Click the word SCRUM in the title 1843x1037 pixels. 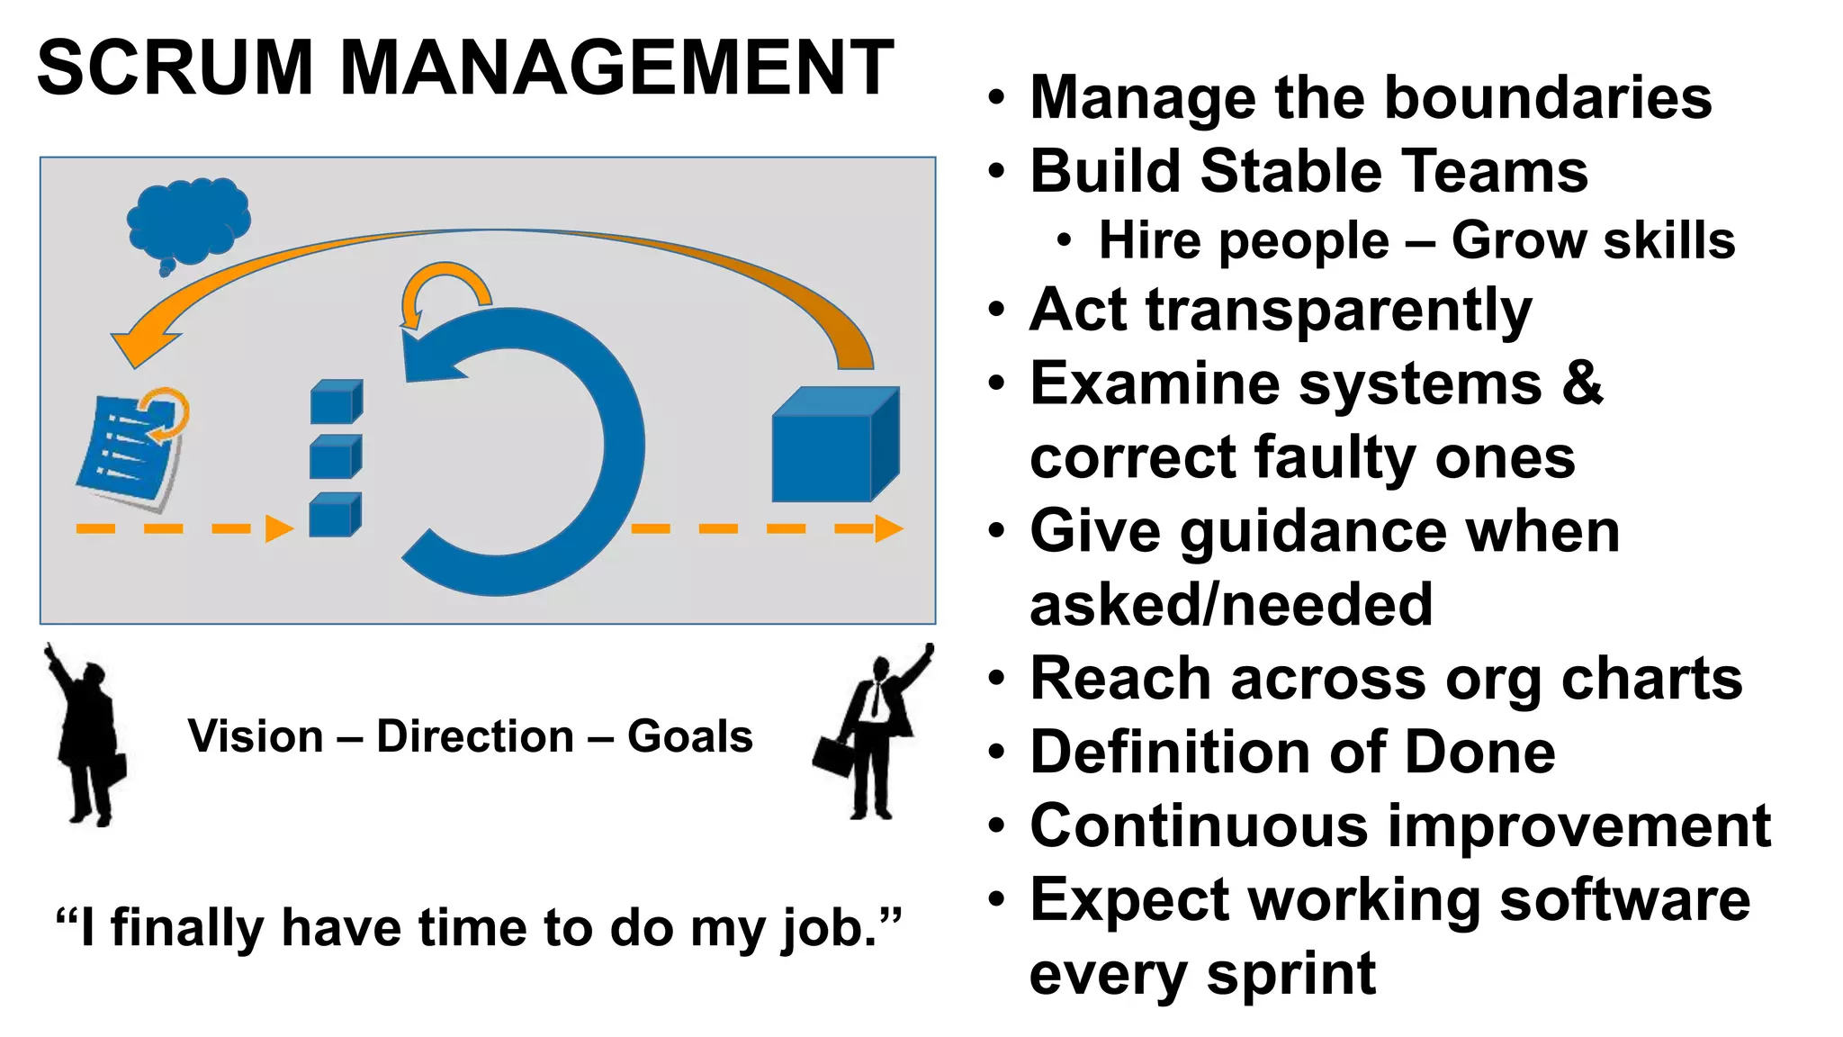175,68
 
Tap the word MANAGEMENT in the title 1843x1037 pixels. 616,68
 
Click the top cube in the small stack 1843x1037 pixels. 336,402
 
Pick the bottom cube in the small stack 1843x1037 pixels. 335,516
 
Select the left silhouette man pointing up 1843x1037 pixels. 85,734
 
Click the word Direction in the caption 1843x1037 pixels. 475,736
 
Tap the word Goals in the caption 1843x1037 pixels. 689,736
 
